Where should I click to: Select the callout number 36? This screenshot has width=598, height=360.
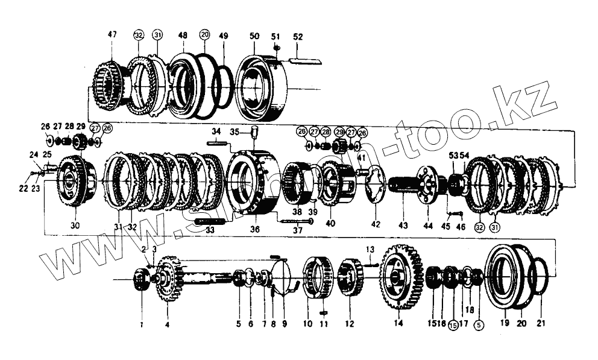tap(255, 229)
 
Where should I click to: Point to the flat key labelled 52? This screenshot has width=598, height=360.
tap(306, 60)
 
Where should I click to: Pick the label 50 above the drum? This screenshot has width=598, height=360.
tap(254, 37)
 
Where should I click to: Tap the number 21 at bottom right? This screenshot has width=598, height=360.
tap(541, 323)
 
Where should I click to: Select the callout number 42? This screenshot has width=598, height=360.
tap(376, 226)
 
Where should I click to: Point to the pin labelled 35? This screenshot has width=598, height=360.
tap(254, 131)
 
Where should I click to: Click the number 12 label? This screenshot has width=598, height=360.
tap(349, 324)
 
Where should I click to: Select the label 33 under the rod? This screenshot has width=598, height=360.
tap(210, 229)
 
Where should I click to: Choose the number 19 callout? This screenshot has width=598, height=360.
tap(505, 323)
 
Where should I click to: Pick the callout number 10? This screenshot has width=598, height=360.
tap(307, 324)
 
